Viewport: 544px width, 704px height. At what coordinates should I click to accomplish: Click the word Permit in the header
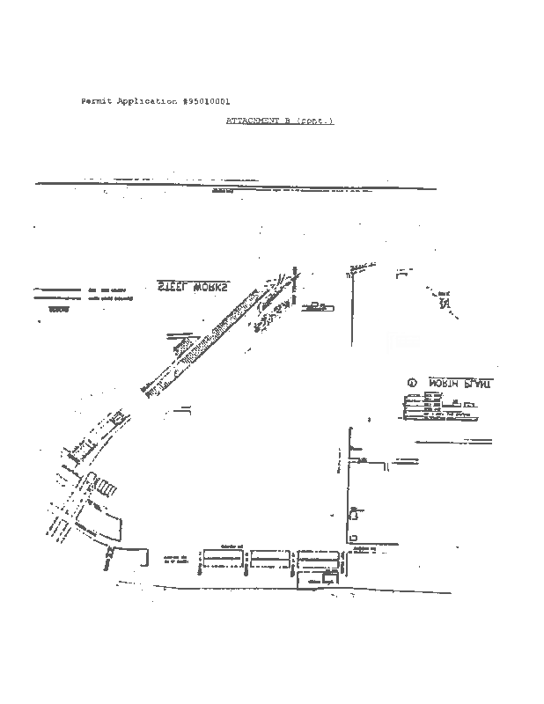pos(96,102)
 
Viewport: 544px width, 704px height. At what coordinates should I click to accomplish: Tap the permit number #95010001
pos(206,102)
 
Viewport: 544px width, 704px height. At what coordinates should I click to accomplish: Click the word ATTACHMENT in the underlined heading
pos(252,121)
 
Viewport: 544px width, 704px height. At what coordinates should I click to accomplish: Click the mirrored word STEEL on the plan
pos(173,287)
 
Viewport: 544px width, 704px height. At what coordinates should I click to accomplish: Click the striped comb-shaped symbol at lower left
pos(105,487)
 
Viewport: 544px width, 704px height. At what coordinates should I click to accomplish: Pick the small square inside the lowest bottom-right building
pos(327,579)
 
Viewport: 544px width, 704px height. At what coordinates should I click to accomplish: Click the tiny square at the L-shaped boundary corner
pos(353,537)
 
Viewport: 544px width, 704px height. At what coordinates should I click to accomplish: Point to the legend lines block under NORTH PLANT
pos(431,407)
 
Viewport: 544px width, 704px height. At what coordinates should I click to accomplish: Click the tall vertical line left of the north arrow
pos(351,308)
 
